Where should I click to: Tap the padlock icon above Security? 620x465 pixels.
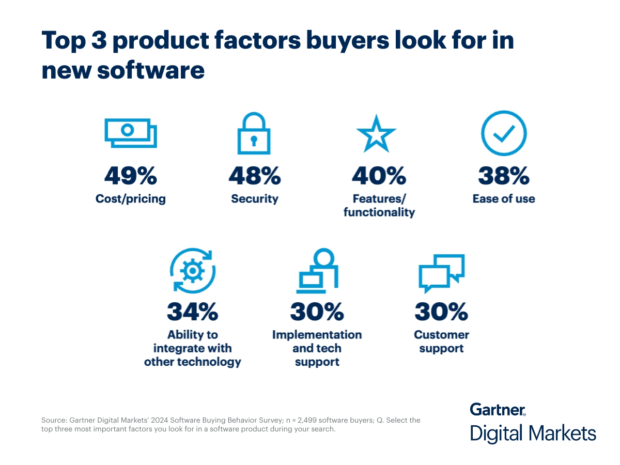point(254,133)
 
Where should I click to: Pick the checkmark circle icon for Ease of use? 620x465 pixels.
point(503,133)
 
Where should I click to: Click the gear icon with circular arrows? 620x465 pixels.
point(192,271)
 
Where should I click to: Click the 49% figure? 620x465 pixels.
point(131,176)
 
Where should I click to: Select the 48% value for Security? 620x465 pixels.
point(255,176)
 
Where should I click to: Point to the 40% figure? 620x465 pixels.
point(379,176)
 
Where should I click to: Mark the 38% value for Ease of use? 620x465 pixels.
point(504,176)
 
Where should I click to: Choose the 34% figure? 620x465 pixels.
point(192,312)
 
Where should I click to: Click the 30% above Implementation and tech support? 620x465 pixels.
point(317,312)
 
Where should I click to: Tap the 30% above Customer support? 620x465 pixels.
point(441,312)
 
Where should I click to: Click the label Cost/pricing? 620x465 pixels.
point(131,199)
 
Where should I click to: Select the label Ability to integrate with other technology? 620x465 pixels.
point(192,348)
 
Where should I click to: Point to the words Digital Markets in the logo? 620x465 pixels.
point(533,433)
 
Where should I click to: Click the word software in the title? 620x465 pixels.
point(150,70)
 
